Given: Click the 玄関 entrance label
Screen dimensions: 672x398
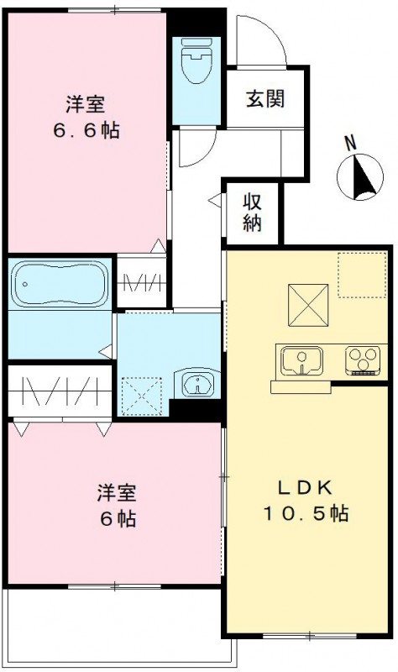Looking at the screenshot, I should pyautogui.click(x=264, y=99).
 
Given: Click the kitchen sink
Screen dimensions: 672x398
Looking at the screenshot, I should pyautogui.click(x=300, y=362).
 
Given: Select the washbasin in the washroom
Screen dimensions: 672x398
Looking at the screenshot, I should pyautogui.click(x=197, y=385).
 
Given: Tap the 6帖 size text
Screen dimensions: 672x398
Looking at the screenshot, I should pyautogui.click(x=117, y=517).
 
